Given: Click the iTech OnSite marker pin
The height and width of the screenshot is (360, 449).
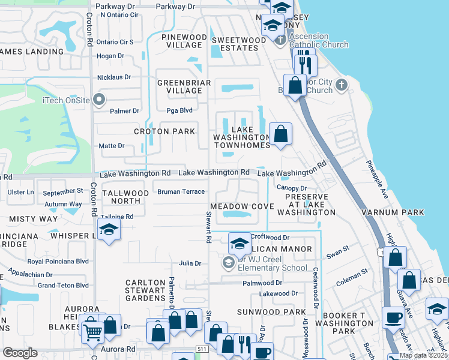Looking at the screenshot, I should click(99, 100).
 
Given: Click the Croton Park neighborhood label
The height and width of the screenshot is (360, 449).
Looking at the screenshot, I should click(164, 131).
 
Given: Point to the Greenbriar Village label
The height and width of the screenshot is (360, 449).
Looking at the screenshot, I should click(179, 86).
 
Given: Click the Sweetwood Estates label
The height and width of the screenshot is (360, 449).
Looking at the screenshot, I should click(238, 44).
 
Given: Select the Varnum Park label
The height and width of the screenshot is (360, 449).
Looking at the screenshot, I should click(393, 212).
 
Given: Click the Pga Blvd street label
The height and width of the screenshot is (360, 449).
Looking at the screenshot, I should click(179, 110).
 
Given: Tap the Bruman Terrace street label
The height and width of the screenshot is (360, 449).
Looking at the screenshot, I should click(181, 192).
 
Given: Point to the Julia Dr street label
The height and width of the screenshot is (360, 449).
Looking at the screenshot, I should click(190, 263).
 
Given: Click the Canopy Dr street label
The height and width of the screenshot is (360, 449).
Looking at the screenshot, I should click(292, 188).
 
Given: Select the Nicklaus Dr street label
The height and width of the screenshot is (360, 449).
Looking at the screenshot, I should click(114, 77).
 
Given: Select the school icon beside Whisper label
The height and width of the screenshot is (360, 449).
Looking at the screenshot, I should click(109, 229).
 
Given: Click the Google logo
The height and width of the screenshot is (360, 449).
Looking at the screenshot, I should click(20, 353).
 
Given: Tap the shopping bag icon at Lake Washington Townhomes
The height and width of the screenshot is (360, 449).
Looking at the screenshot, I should click(280, 134).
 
